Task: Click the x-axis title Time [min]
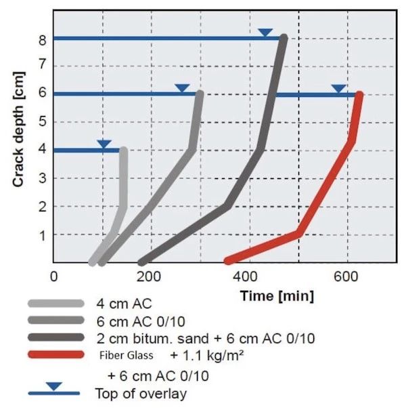(276, 296)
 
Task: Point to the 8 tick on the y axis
(42, 39)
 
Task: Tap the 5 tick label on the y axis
(42, 123)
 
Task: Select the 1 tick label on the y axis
(42, 235)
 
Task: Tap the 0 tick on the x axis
(54, 276)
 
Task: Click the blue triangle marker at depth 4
(104, 144)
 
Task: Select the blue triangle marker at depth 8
(265, 33)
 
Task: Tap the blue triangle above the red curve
(338, 89)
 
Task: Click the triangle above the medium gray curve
(181, 89)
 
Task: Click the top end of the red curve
(359, 96)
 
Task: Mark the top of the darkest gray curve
(284, 39)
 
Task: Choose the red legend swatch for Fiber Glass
(55, 354)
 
